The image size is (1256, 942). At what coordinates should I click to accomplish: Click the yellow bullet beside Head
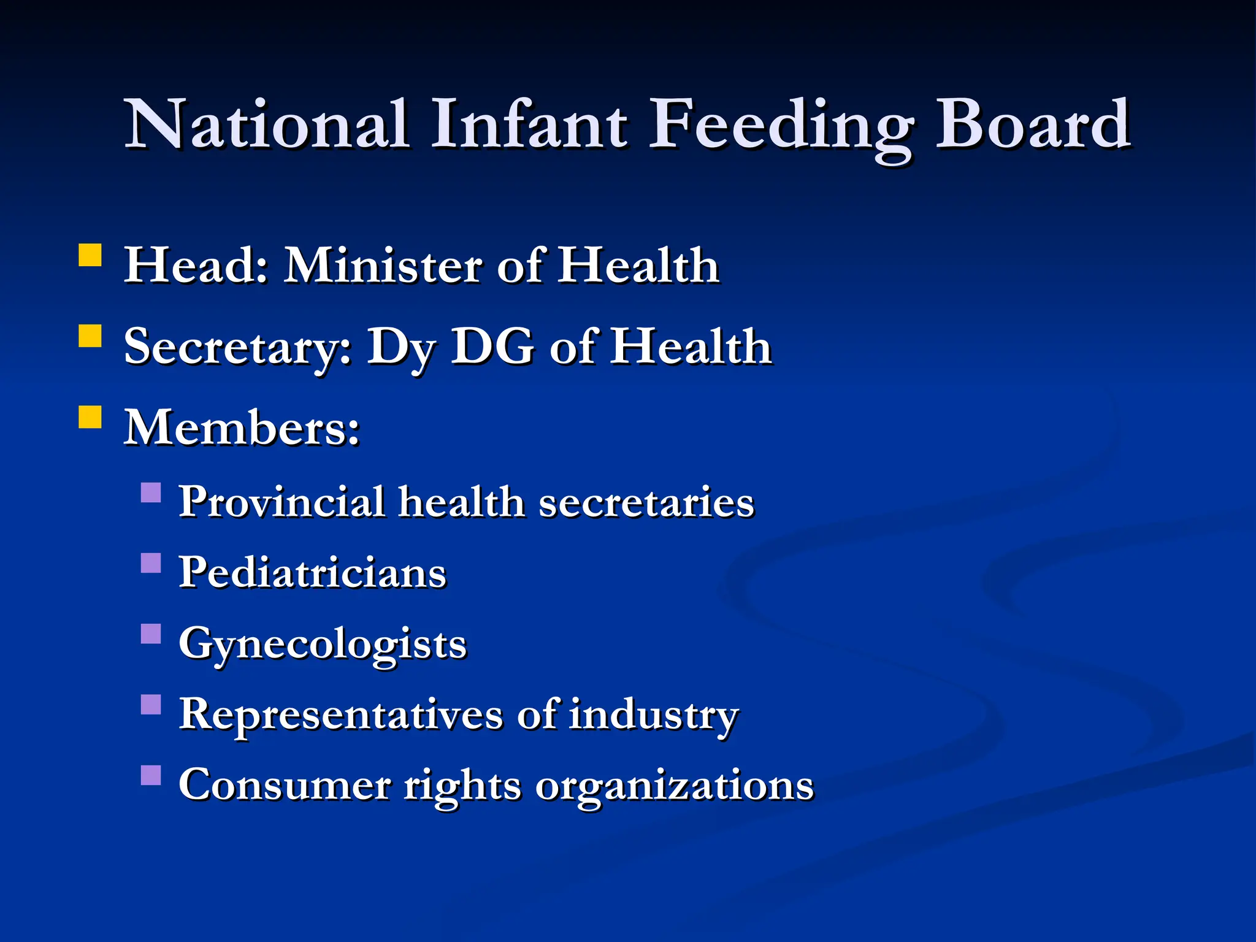click(x=90, y=255)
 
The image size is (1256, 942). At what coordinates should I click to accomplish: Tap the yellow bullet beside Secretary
click(x=90, y=336)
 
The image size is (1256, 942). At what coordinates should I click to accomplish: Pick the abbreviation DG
click(x=492, y=347)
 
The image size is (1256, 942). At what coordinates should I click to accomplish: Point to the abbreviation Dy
click(x=400, y=348)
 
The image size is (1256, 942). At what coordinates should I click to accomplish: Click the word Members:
click(x=242, y=427)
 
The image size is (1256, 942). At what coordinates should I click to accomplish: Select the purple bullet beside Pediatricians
click(x=151, y=563)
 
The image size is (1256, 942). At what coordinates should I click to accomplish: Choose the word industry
click(x=653, y=715)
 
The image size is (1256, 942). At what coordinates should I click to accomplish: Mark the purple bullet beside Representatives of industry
click(x=151, y=705)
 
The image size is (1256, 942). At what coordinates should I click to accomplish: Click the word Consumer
click(x=285, y=785)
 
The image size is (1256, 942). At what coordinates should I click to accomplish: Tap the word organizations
click(x=674, y=786)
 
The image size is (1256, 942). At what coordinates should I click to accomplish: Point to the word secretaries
click(x=646, y=502)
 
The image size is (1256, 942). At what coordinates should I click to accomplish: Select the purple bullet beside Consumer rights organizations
click(x=151, y=775)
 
